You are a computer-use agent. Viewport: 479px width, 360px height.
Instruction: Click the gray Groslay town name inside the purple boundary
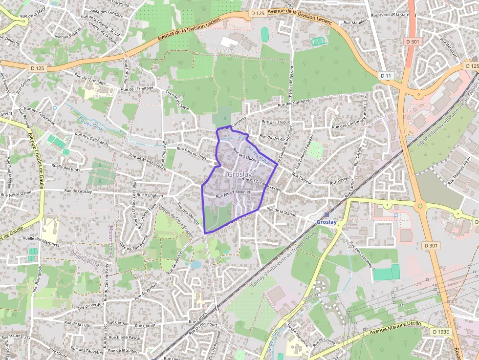point(240,174)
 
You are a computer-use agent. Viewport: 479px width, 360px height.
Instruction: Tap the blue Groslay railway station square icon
point(327,214)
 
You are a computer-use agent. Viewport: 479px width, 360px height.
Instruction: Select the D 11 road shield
point(386,76)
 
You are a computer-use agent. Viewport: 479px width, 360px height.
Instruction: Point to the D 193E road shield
point(441,332)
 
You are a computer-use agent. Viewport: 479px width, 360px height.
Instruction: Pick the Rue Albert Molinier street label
point(233,192)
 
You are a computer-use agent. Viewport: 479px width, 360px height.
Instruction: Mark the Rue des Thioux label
point(276,122)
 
